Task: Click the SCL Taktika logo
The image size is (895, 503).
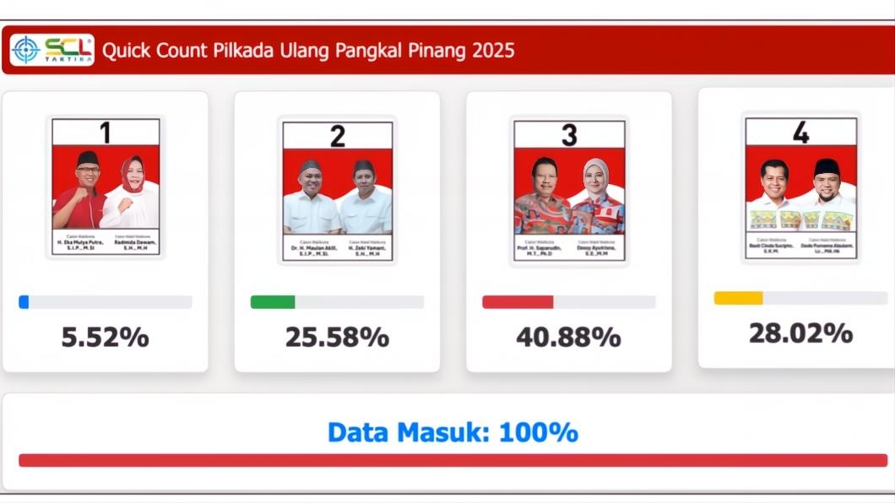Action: pyautogui.click(x=52, y=50)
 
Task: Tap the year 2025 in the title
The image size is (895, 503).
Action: pyautogui.click(x=493, y=51)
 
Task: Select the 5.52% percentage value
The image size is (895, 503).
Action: pyautogui.click(x=105, y=338)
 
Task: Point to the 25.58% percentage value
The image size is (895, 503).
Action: pyautogui.click(x=337, y=338)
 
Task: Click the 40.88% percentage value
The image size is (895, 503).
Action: pyautogui.click(x=568, y=338)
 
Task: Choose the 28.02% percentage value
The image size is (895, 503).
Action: pyautogui.click(x=800, y=333)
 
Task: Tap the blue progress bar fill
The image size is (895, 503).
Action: pyautogui.click(x=24, y=302)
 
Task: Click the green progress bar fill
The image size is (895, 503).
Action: pyautogui.click(x=273, y=302)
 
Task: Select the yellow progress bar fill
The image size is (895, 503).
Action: pyautogui.click(x=738, y=298)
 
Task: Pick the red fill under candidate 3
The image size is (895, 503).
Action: pyautogui.click(x=518, y=302)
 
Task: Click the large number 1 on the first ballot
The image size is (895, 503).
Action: pyautogui.click(x=106, y=133)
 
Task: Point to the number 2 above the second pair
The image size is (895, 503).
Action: pyautogui.click(x=337, y=136)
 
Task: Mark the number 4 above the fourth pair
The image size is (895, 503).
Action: pyautogui.click(x=800, y=132)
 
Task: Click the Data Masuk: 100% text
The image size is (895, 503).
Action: pyautogui.click(x=453, y=433)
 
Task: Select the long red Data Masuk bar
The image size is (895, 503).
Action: pyautogui.click(x=453, y=460)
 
